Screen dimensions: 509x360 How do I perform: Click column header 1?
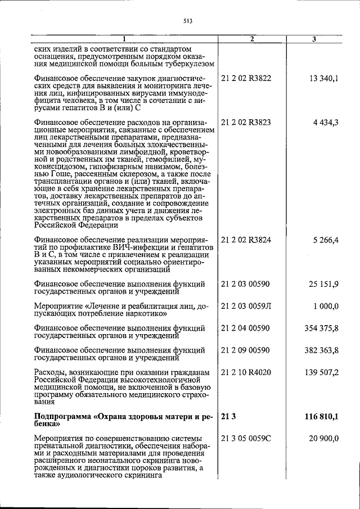point(125,39)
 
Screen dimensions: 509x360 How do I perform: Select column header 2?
point(252,39)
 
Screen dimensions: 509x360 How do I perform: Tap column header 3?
point(314,39)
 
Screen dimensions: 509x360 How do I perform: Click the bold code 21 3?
point(227,416)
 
